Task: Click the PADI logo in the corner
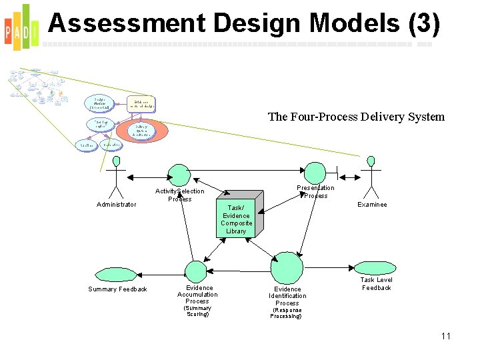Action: pos(20,27)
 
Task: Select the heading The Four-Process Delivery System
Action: pos(356,117)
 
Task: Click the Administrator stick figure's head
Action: pos(117,161)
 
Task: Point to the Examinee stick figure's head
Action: pos(371,161)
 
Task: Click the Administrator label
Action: pos(117,205)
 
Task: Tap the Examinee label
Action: pos(372,205)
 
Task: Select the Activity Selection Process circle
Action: pos(178,175)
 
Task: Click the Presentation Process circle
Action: pos(315,173)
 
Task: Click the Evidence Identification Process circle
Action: pos(287,267)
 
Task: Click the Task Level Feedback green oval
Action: pos(377,268)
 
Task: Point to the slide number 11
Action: pos(446,336)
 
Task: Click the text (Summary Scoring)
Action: pos(197,311)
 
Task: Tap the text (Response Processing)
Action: pos(287,313)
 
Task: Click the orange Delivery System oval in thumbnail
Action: pos(141,129)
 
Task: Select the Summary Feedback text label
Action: pos(117,289)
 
